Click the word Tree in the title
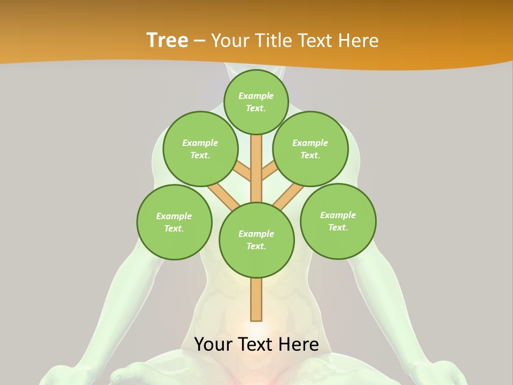click(167, 40)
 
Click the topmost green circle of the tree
click(256, 102)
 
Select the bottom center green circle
click(256, 240)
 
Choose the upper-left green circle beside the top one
click(200, 149)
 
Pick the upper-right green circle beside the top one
click(310, 149)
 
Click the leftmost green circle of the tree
click(174, 222)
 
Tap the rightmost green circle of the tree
click(338, 221)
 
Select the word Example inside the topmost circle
click(256, 96)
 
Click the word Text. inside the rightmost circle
click(338, 227)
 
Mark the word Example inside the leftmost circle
click(174, 216)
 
